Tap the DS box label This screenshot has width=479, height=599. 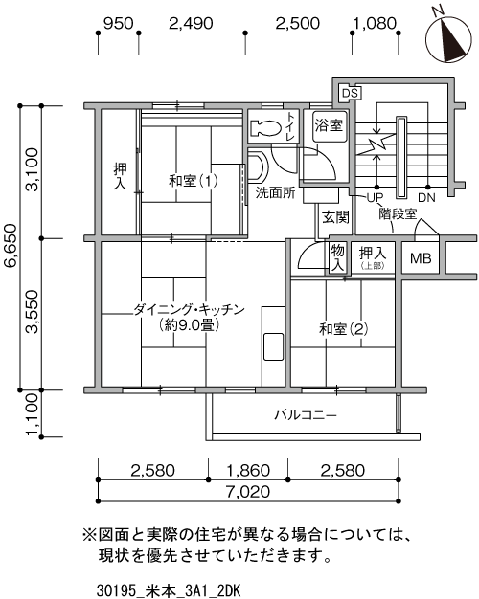click(350, 93)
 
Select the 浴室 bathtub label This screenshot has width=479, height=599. click(329, 125)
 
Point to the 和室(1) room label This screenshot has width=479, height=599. click(194, 180)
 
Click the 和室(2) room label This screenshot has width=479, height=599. click(344, 328)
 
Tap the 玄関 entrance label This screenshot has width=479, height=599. click(335, 217)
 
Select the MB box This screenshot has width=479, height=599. click(421, 258)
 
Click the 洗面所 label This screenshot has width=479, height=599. click(276, 193)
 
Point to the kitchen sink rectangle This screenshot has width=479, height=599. click(273, 346)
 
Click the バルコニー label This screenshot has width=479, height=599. click(306, 415)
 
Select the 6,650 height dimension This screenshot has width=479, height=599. click(10, 246)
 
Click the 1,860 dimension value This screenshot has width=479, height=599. click(248, 470)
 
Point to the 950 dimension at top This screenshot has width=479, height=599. click(119, 23)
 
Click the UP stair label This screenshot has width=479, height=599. click(375, 198)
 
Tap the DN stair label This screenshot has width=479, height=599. click(426, 198)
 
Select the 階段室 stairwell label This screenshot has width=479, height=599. click(398, 213)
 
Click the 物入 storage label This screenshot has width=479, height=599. click(337, 258)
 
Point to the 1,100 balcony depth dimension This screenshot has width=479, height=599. click(32, 414)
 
